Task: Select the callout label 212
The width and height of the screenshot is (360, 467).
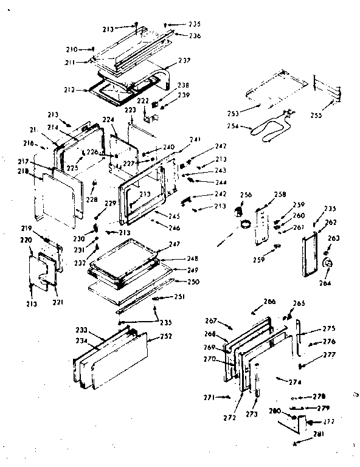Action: (69, 90)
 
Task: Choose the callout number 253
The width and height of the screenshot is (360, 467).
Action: (232, 113)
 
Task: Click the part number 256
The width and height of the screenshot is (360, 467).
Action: (246, 196)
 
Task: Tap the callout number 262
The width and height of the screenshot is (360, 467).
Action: (330, 223)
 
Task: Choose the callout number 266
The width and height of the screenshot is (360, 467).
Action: (269, 302)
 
